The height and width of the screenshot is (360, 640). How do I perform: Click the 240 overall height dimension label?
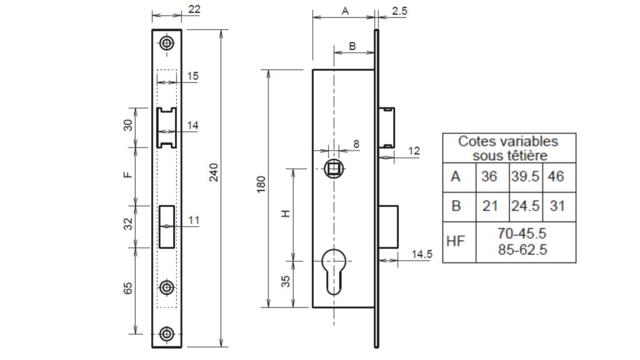coord(214,172)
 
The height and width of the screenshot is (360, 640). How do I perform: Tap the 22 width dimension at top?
coord(194,9)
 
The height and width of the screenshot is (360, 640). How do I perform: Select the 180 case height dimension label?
coord(261,184)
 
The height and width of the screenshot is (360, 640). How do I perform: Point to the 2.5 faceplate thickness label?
coord(399,11)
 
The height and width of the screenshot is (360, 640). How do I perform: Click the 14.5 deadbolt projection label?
coord(422,254)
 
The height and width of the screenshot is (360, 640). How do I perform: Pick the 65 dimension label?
coord(128,288)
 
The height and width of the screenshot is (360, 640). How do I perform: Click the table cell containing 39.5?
coord(525,177)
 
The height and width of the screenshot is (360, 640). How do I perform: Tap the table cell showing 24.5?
coord(525,206)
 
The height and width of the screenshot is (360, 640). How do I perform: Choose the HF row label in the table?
coord(456,241)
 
